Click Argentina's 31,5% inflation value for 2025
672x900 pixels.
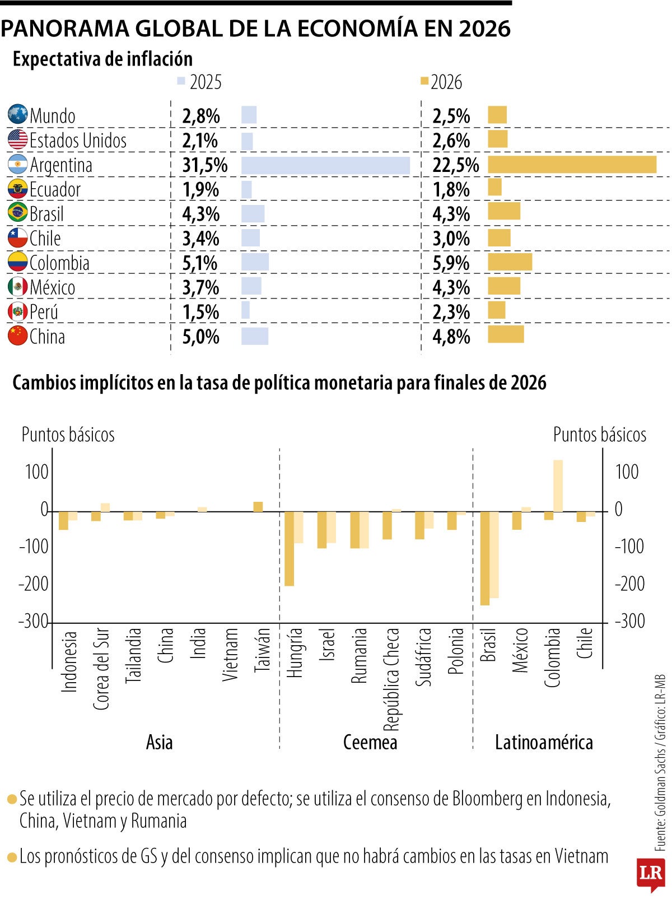204,165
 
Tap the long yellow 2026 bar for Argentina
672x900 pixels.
571,165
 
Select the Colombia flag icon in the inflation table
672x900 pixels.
17,263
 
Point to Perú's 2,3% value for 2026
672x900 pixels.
451,312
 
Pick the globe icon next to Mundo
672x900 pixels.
17,115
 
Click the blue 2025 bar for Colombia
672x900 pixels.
255,262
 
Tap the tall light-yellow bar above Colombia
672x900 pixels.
558,486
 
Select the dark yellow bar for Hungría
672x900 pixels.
289,548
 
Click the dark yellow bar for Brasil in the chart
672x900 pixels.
484,558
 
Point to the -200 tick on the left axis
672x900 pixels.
34,584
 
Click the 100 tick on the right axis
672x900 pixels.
627,472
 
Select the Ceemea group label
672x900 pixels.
370,742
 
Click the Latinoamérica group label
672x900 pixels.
543,742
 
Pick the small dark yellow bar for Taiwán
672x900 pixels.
258,506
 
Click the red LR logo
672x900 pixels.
650,874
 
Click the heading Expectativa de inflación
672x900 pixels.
102,59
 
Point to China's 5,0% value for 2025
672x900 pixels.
200,337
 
